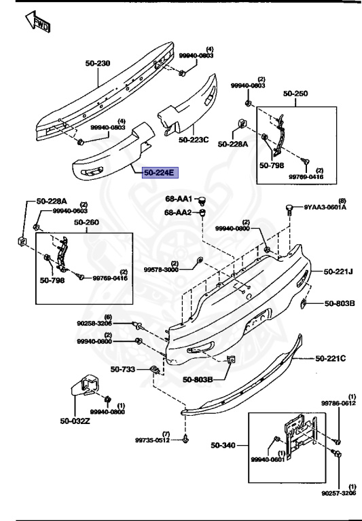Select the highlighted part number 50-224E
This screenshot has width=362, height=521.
[x=158, y=173]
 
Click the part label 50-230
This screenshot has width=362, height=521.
[x=98, y=64]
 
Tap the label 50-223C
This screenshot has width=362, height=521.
[x=194, y=140]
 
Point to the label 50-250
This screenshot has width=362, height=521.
[x=295, y=94]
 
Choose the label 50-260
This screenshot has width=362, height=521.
[x=87, y=222]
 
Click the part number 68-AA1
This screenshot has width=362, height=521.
[x=179, y=199]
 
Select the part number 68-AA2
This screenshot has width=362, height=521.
[x=179, y=212]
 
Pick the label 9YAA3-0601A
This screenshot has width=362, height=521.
[x=325, y=208]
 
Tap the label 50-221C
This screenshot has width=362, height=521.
[x=330, y=358]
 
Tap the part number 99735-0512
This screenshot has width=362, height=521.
[x=152, y=440]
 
